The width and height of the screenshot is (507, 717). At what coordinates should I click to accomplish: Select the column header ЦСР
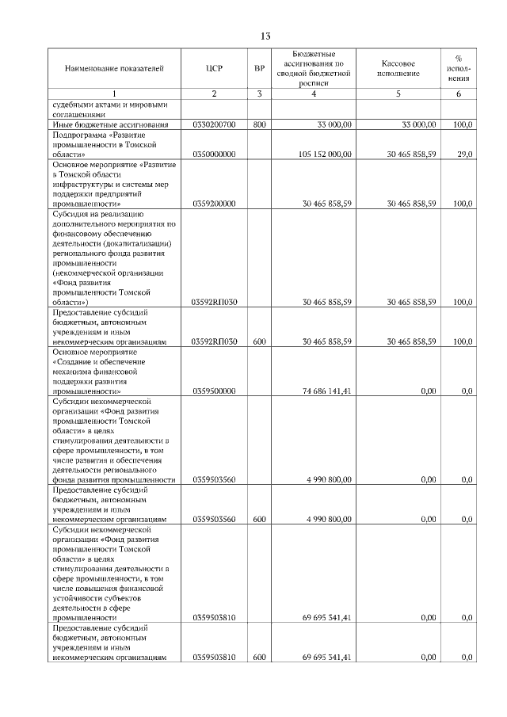coord(214,69)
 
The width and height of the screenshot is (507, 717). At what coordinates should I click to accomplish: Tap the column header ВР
coord(259,69)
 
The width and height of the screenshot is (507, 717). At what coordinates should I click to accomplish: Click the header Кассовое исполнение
coord(398,69)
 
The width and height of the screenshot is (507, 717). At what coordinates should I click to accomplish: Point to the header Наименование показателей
coord(114,69)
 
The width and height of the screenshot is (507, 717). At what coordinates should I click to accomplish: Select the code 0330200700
coord(214,125)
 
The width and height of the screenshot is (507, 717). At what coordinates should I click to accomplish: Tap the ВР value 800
coord(259,125)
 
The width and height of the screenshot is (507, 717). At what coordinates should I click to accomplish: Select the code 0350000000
coord(214,154)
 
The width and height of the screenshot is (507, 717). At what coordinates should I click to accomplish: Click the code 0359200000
coord(214,204)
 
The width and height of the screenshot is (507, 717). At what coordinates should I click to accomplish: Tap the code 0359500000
coord(214,391)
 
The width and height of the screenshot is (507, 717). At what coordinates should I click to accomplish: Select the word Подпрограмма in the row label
coord(80,135)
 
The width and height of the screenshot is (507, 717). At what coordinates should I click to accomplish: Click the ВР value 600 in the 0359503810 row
coord(259,658)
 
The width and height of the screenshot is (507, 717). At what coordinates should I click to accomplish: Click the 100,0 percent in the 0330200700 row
coord(463,125)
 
